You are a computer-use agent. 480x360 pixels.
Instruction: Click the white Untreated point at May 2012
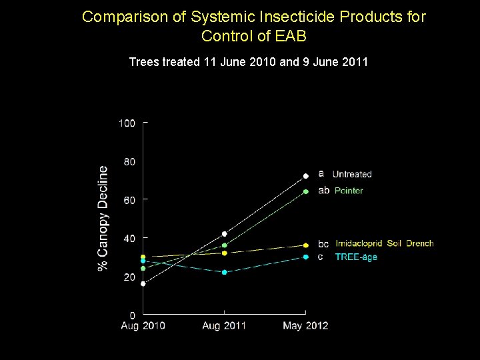[306, 176]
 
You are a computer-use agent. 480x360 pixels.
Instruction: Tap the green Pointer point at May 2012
[306, 191]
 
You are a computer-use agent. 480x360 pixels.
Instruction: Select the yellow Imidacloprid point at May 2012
[306, 245]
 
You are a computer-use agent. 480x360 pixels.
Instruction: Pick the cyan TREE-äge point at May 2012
[306, 257]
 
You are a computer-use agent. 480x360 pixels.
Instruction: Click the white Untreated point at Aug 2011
[225, 234]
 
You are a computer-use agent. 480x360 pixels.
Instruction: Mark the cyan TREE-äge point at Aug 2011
[225, 272]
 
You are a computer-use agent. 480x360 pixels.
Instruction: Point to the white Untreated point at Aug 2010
[143, 283]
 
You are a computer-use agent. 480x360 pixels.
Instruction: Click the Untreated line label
[352, 174]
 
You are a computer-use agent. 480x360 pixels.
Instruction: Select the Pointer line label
[349, 191]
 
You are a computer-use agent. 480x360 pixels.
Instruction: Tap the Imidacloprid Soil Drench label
[385, 243]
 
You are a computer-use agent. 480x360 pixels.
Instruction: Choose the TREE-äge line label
[356, 257]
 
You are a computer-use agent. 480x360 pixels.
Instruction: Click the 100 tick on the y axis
[127, 123]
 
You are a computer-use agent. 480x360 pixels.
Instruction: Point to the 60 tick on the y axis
[129, 199]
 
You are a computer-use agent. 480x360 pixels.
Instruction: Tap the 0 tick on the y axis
[132, 315]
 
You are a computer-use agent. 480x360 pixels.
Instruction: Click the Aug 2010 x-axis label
[143, 326]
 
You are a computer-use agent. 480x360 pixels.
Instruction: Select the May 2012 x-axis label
[305, 326]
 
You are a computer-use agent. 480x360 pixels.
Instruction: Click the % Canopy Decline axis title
[103, 218]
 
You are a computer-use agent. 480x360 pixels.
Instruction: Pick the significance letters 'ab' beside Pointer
[323, 190]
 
